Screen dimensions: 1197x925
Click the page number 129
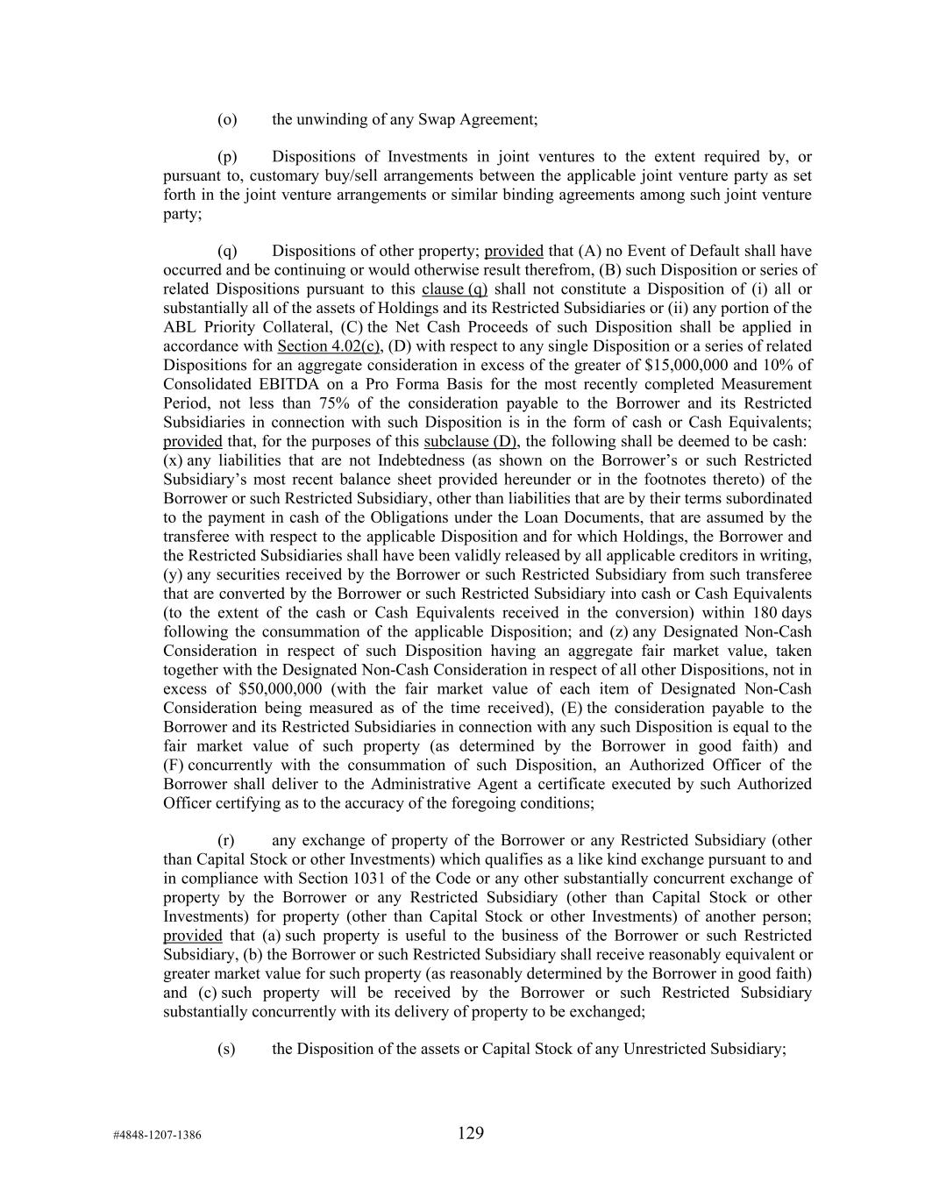470,1133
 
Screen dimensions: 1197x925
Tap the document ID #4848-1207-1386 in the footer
157,1135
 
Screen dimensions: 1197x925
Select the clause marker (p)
227,157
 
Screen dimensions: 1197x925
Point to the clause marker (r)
226,840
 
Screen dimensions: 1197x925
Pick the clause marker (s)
226,1049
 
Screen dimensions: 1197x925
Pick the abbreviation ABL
179,327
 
